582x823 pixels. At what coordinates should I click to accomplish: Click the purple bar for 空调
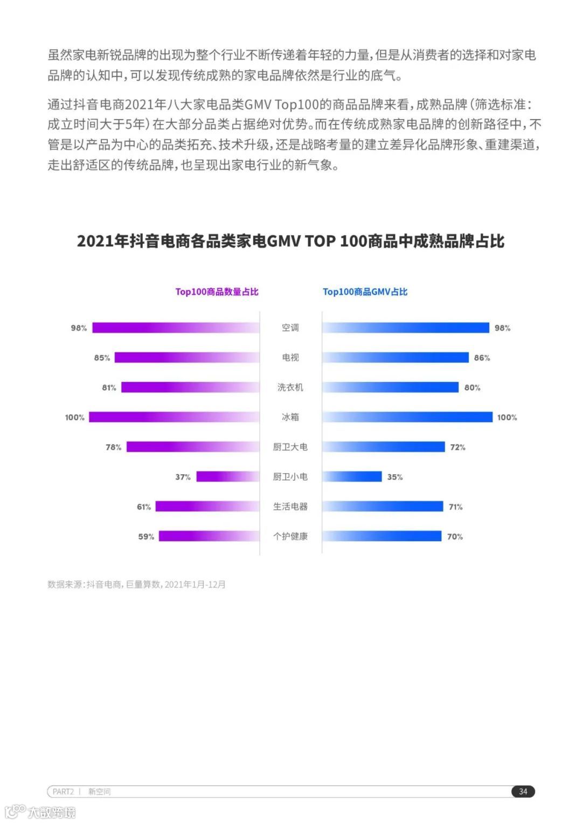click(176, 328)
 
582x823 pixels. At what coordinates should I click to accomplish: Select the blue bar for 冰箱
click(407, 417)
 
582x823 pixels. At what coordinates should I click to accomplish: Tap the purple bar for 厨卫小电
click(228, 476)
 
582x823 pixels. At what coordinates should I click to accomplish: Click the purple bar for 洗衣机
click(190, 388)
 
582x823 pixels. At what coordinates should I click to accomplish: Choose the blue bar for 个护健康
click(382, 536)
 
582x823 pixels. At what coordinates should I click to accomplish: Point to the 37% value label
click(183, 477)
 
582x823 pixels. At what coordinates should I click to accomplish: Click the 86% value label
click(482, 358)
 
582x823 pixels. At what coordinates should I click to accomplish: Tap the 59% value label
click(146, 537)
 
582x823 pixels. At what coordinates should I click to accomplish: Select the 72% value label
click(458, 447)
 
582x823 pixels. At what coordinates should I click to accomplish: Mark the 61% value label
click(144, 507)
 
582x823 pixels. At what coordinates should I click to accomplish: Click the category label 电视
click(290, 357)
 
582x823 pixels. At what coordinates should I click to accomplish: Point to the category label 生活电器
click(290, 507)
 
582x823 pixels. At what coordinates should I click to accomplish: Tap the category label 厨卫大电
click(290, 447)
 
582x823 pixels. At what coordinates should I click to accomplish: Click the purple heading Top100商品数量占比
click(217, 292)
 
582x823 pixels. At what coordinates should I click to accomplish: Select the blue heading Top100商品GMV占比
click(365, 292)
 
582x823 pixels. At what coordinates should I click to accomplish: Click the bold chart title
click(290, 241)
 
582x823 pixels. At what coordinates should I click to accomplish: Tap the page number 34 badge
click(523, 791)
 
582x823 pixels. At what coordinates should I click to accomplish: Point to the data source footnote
click(136, 584)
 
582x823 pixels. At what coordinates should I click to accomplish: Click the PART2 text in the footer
click(63, 791)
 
